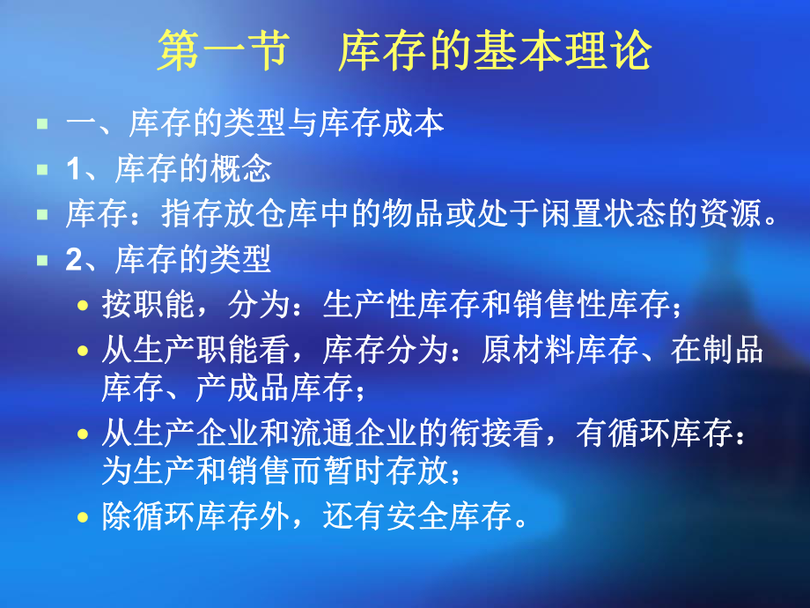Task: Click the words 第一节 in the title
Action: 222,52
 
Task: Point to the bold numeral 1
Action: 72,169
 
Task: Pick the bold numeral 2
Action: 72,261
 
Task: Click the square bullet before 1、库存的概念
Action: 41,169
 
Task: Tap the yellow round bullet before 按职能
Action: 84,308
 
